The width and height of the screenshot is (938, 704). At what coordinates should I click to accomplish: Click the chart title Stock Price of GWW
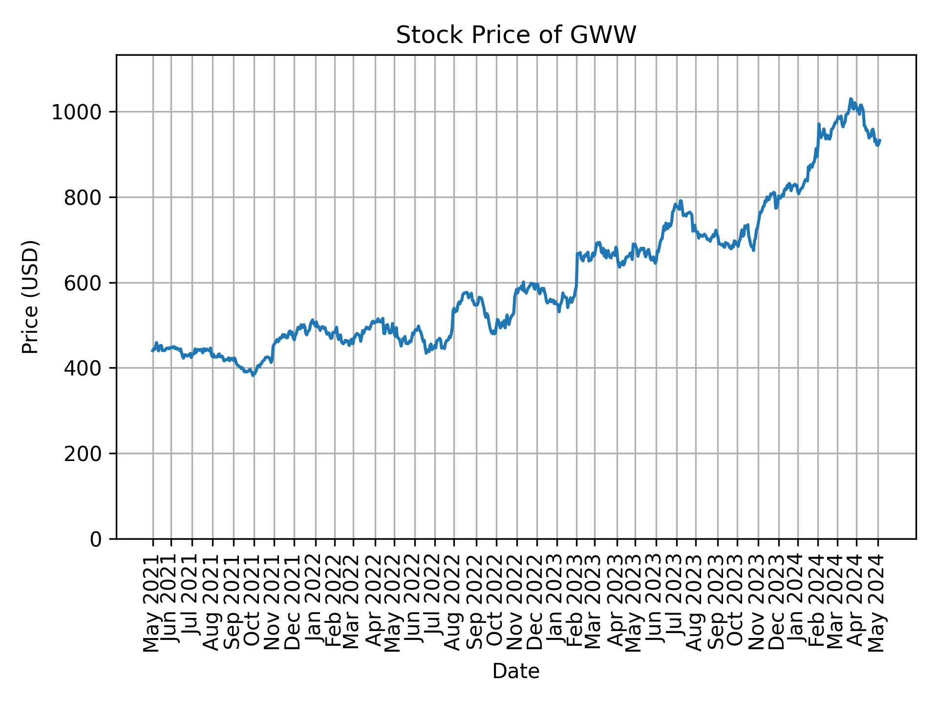coord(515,35)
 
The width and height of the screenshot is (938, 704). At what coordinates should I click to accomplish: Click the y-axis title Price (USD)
coord(30,297)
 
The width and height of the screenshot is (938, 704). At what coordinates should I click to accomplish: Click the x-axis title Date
coord(515,671)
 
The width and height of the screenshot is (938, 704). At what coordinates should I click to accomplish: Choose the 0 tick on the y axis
coord(96,539)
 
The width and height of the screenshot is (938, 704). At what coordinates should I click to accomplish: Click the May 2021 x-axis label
coord(153,602)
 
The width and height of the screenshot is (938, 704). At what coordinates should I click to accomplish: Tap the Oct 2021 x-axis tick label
coord(254,602)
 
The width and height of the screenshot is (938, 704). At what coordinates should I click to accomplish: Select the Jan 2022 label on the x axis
coord(315,602)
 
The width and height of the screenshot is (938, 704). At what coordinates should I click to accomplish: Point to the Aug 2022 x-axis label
coord(454,602)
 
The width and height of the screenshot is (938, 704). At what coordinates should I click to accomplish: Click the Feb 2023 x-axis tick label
coord(576,602)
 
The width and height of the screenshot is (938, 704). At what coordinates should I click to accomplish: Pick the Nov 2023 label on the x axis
coord(758,602)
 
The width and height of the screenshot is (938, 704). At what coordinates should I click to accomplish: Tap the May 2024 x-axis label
coord(878,602)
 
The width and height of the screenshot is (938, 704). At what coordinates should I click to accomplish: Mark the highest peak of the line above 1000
coord(851,99)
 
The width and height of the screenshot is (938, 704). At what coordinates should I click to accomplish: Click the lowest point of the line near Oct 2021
coord(253,375)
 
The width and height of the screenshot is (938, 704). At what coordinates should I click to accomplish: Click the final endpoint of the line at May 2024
coord(880,140)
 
